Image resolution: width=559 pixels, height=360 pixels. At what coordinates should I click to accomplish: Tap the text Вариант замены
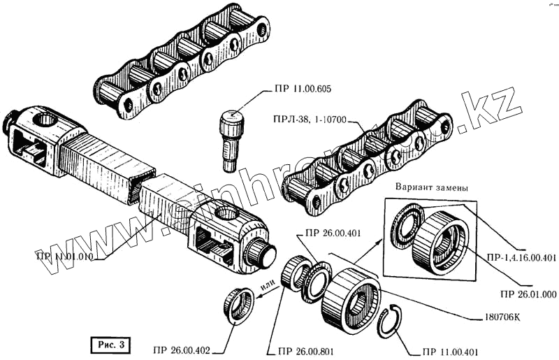pos(431,189)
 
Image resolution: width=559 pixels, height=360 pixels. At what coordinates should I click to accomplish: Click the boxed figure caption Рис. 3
pos(109,343)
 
